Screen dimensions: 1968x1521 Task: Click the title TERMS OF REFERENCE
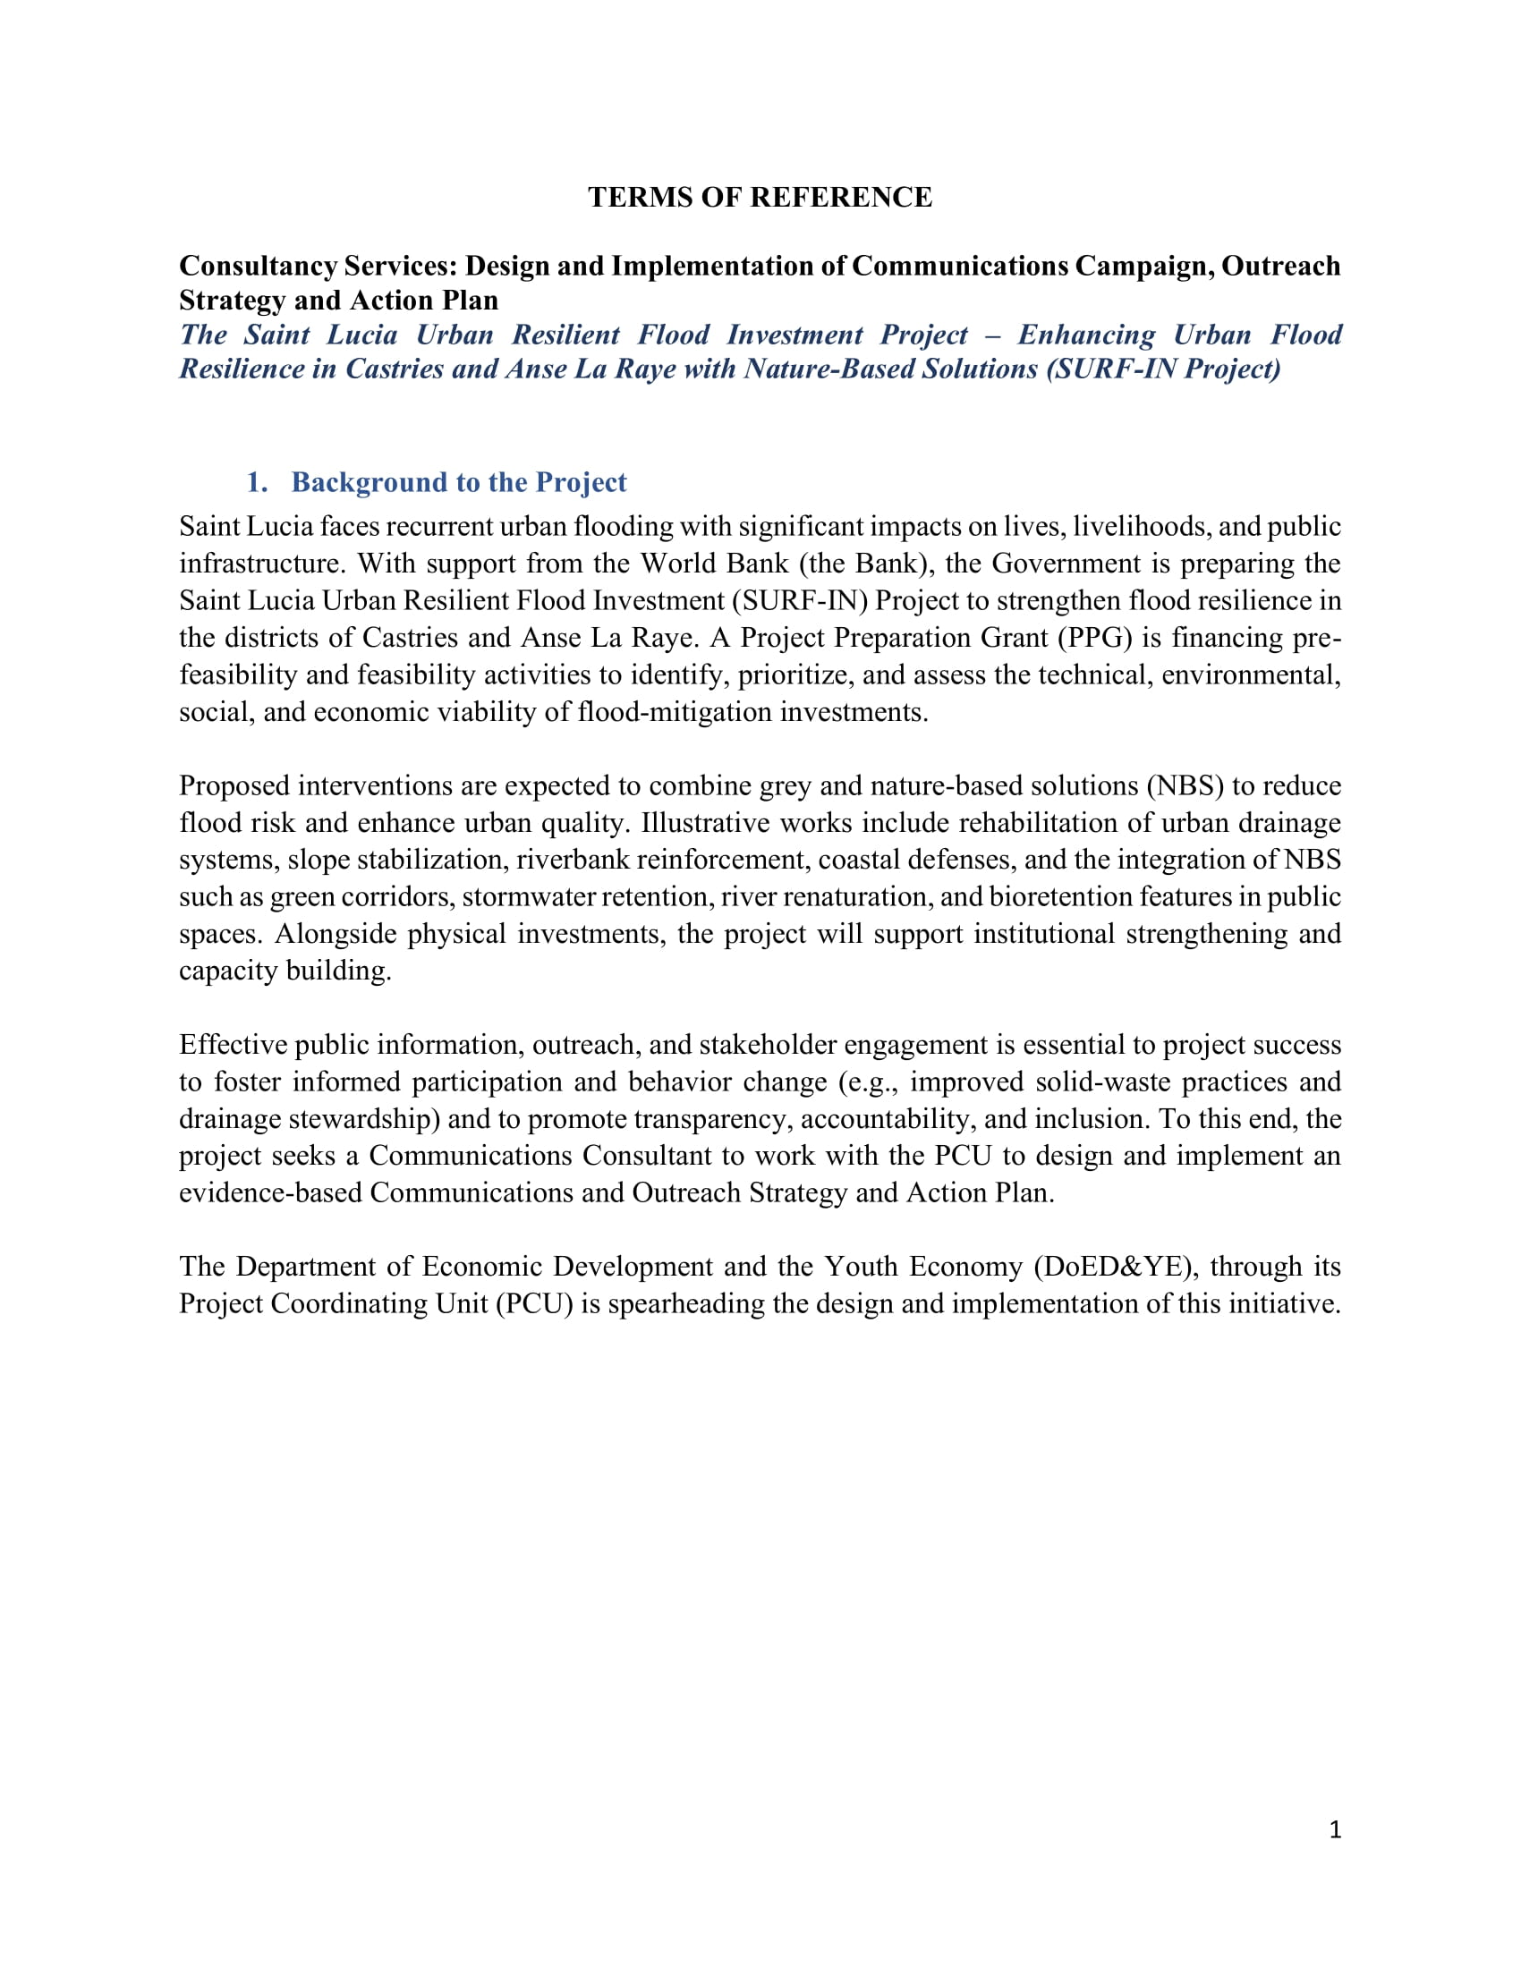click(760, 198)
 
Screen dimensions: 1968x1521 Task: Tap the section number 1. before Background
click(257, 482)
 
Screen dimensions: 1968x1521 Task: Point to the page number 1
click(1335, 1829)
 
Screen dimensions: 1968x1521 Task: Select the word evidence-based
click(271, 1193)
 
